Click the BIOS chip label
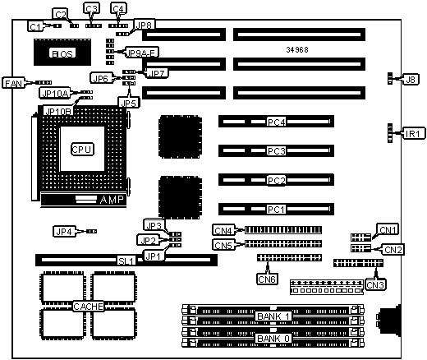point(62,53)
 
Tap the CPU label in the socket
point(82,150)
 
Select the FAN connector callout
point(13,83)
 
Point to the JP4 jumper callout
point(64,232)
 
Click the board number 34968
point(297,49)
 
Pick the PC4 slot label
point(277,122)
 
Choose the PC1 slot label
point(277,210)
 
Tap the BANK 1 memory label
point(273,316)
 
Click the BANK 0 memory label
point(273,339)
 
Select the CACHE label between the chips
point(89,306)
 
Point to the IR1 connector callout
point(414,134)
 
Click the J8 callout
point(411,80)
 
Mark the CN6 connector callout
point(267,279)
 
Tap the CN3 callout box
point(375,284)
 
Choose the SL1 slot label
point(126,261)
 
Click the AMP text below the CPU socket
point(112,200)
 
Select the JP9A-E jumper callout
point(142,53)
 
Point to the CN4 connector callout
point(223,230)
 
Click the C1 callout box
point(35,26)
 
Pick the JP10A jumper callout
point(55,93)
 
